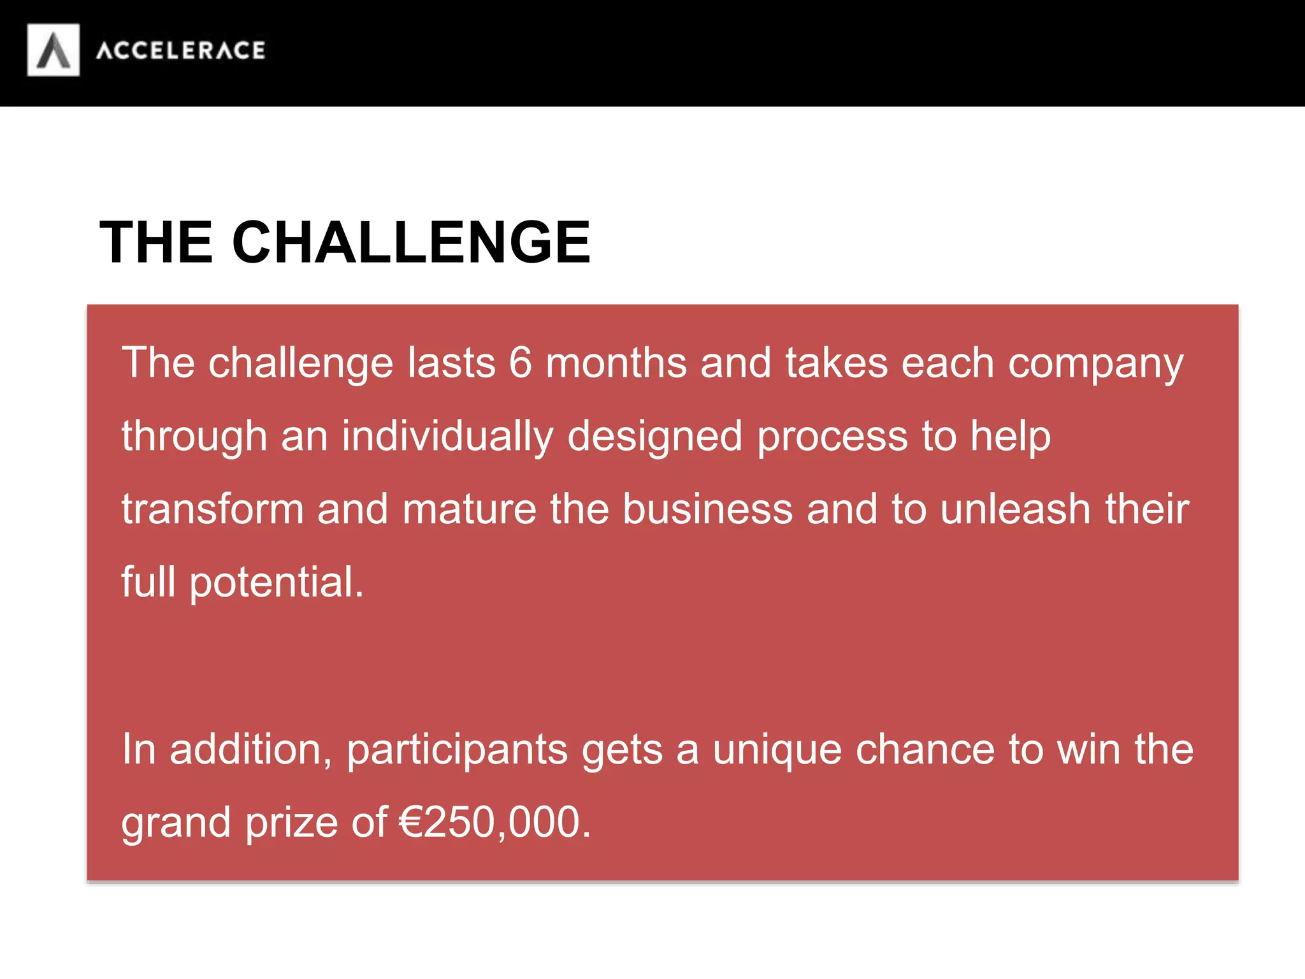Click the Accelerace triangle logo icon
54,50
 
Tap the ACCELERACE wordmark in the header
180,50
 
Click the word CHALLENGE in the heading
411,242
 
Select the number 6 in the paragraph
520,363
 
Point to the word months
616,363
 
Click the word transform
213,509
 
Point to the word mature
470,509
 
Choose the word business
707,509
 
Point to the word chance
925,750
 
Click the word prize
292,823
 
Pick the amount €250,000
494,822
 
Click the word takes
836,363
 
